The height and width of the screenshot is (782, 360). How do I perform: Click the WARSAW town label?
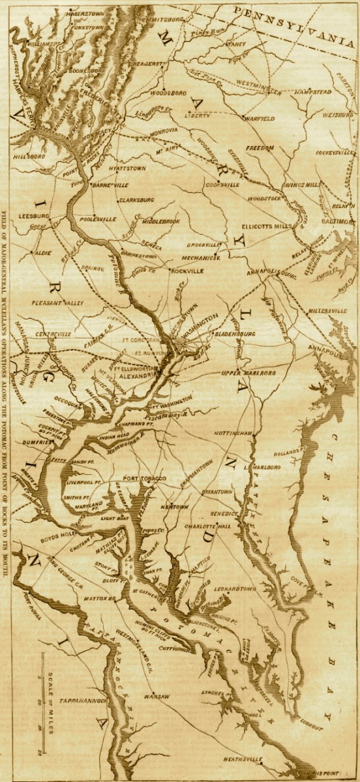click(x=156, y=697)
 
